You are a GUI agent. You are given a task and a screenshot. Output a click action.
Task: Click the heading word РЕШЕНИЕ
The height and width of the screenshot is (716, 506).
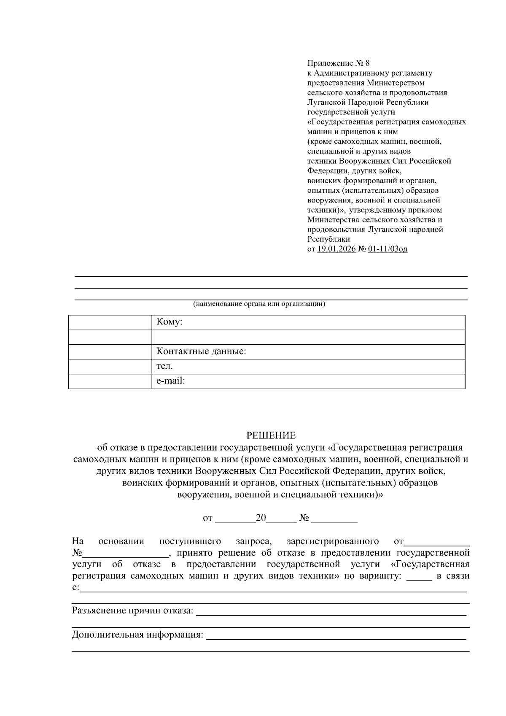point(271,435)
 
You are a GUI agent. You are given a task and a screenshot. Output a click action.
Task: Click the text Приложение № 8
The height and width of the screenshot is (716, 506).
point(338,63)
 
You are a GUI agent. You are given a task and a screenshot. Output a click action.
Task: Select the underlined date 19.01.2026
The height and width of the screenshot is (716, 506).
point(336,249)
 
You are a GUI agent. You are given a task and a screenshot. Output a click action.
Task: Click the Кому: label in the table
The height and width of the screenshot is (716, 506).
point(169,322)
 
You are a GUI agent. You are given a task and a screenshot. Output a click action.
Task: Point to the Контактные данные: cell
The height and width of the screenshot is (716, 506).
point(201,351)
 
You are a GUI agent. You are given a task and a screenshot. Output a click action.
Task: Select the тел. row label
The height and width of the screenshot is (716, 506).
point(164,366)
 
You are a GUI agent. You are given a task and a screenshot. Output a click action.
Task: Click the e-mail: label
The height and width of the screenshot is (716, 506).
point(171,381)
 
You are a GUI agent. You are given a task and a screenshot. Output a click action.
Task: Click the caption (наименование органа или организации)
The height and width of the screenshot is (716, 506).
point(259,304)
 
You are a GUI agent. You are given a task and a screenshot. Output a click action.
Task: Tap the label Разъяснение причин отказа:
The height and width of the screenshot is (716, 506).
point(132,611)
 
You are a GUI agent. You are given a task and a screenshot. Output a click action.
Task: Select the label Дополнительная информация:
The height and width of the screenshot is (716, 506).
point(137,635)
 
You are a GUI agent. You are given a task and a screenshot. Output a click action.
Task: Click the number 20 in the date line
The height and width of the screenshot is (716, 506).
point(261,518)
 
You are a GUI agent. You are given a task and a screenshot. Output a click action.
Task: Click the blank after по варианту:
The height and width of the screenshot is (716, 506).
point(419,577)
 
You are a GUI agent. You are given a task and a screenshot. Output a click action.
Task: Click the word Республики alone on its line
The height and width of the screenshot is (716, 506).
point(328,239)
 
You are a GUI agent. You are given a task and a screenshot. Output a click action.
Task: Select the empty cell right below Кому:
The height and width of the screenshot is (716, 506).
point(308,337)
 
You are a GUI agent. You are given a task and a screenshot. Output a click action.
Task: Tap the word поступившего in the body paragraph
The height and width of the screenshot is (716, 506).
point(190,541)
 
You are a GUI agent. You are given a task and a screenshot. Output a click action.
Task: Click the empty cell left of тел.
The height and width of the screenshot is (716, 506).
point(110,366)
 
